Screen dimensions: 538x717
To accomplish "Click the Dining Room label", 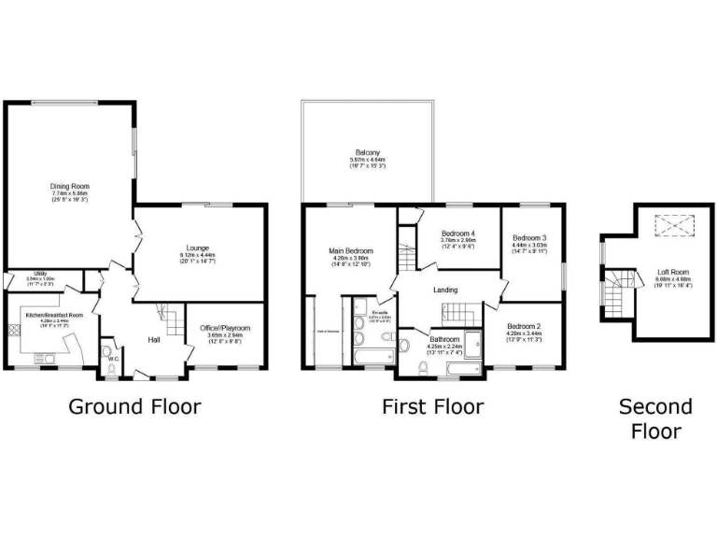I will [x=63, y=186].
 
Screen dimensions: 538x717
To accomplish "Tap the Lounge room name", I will [x=197, y=248].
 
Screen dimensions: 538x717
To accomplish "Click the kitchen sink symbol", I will [x=45, y=358].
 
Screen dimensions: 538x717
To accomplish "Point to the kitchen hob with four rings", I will [x=15, y=329].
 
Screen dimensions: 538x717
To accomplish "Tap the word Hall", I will [x=154, y=339].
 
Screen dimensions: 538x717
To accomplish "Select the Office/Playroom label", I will [x=225, y=328].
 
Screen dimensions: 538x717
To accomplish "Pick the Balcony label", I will [x=367, y=153].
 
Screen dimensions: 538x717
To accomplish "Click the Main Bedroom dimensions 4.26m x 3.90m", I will [x=351, y=260].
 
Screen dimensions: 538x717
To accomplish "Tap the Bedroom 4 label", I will [x=458, y=233].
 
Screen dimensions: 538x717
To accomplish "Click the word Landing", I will [x=445, y=290].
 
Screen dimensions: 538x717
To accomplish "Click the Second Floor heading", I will [x=655, y=418].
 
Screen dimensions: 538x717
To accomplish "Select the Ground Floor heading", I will [x=135, y=406].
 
